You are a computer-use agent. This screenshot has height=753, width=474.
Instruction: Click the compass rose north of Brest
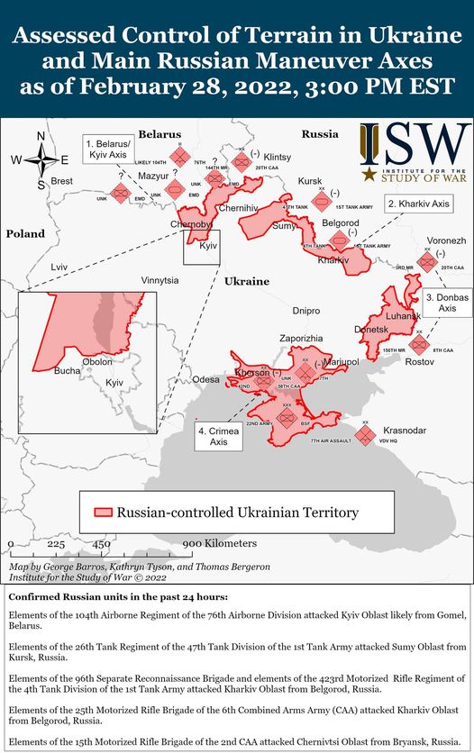coord(41,160)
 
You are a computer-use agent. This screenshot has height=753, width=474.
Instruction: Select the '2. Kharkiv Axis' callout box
coord(417,204)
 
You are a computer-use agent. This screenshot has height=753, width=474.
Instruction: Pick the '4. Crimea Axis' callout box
coord(219,437)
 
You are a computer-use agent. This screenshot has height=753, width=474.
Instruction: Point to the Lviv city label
coord(59,268)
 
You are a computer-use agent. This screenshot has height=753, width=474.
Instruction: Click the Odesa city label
coord(206,379)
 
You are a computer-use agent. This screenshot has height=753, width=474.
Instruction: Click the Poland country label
coord(25,234)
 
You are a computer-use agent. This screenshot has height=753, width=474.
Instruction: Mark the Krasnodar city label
coord(405,431)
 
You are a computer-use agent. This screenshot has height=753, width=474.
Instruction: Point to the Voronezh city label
coord(447,241)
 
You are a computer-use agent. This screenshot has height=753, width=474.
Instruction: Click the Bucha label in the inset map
coord(67,370)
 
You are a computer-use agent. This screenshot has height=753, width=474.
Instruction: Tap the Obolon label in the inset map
coord(97,361)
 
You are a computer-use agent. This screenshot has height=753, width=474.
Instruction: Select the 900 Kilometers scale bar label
coord(219,544)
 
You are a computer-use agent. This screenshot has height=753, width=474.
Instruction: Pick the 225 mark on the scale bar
coord(56,544)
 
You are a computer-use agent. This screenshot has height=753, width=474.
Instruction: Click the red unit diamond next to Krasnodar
coord(365,436)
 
